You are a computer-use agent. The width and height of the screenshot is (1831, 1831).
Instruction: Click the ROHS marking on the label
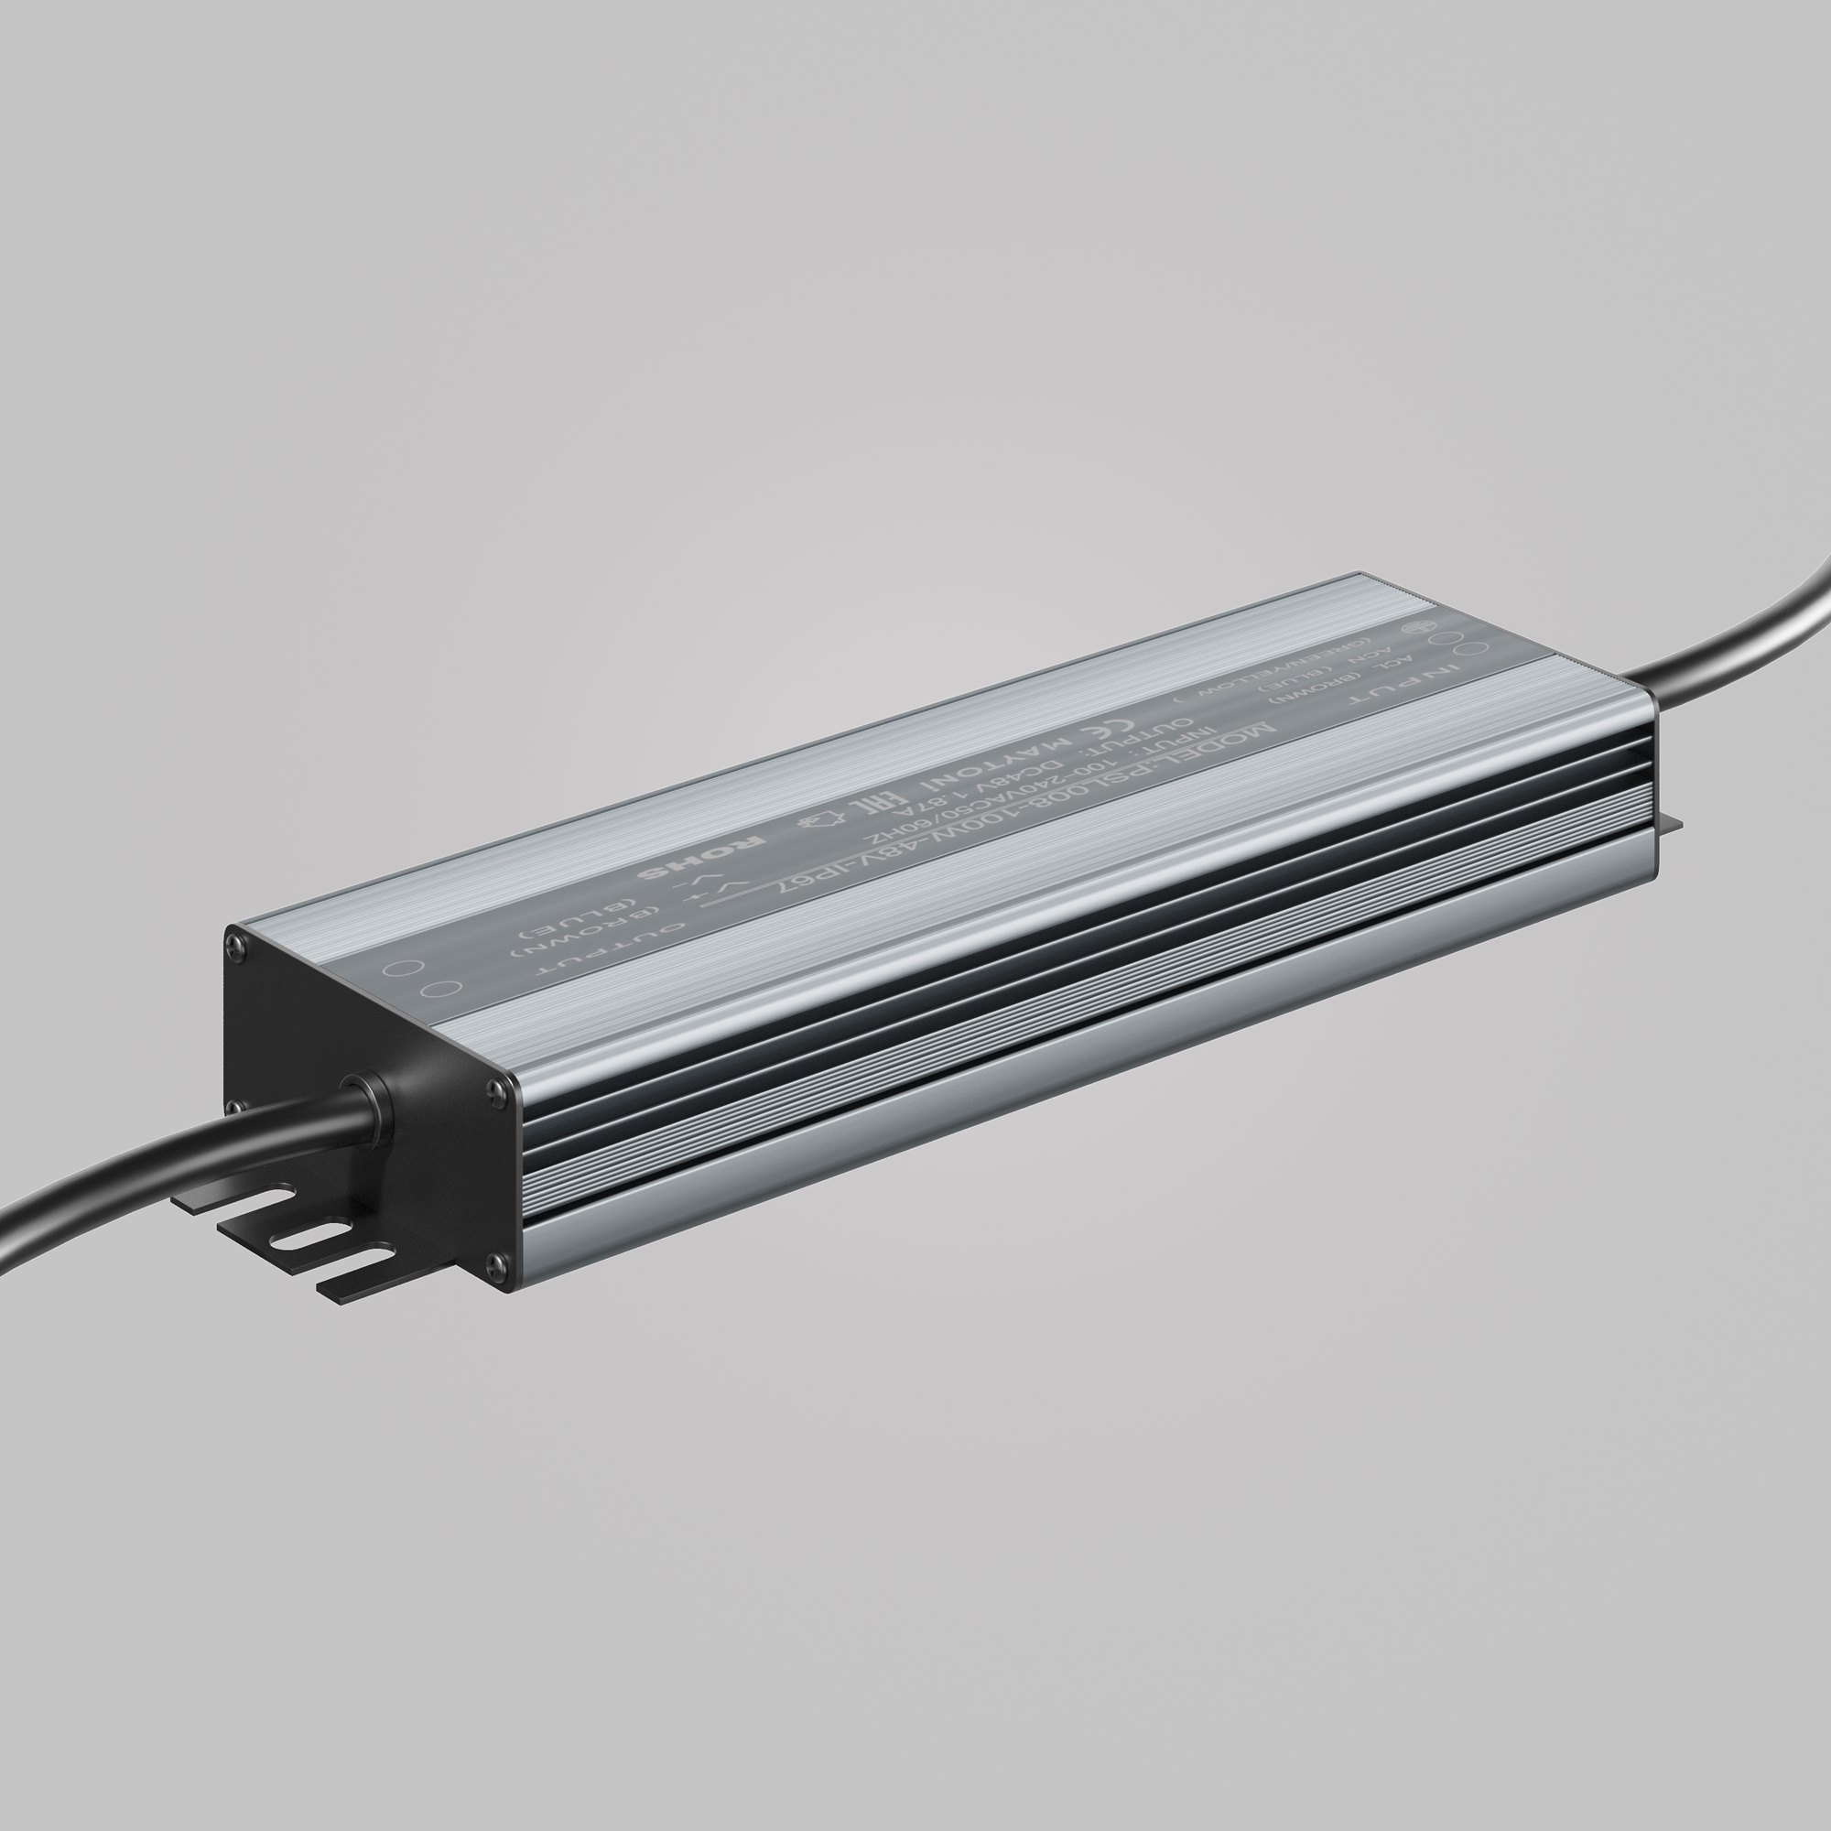(x=701, y=856)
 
